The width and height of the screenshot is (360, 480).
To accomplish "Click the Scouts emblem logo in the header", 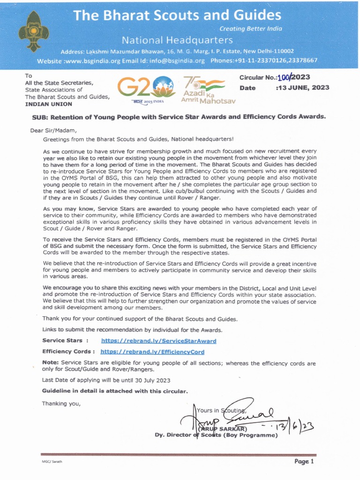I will pos(33,31).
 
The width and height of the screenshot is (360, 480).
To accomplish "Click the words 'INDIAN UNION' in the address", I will pos(49,104).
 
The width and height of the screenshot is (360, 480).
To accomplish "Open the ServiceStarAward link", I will pos(158,341).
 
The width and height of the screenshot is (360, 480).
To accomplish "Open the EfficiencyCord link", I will pos(152,351).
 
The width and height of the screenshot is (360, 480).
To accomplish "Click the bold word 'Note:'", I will pos(51,363).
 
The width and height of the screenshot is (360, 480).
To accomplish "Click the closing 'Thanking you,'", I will pos(61,403).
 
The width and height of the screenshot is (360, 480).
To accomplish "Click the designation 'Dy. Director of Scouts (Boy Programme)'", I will pos(216,435).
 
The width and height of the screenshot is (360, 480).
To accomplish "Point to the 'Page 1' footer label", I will pos(304,462).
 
